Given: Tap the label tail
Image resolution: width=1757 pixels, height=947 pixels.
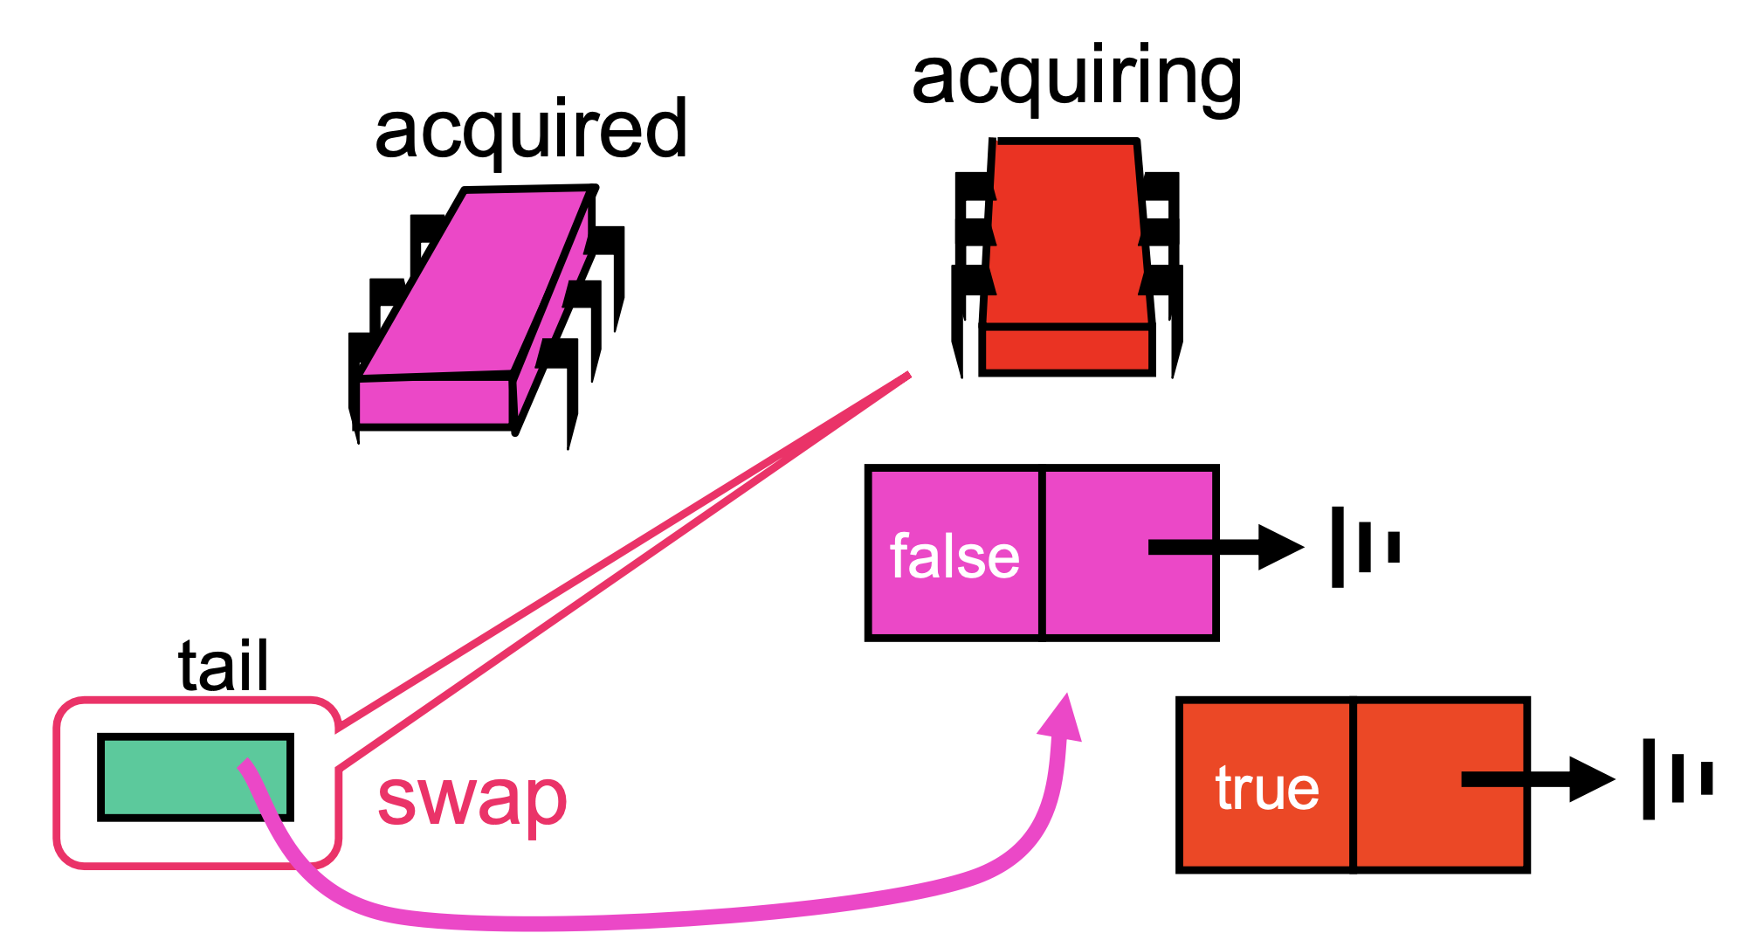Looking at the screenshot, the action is point(224,666).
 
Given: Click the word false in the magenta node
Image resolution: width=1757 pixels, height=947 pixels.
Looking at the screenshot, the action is point(954,556).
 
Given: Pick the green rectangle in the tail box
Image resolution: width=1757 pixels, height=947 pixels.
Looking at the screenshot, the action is point(195,778).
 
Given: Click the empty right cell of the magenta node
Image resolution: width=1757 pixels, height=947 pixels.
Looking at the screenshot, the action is point(1130,553).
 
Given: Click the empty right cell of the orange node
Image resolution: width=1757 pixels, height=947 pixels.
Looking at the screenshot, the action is point(1440,785).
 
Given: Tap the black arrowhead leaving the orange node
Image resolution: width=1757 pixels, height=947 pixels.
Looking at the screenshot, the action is point(1593,778).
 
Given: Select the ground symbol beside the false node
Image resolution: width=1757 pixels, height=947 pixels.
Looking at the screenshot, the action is point(1366,547).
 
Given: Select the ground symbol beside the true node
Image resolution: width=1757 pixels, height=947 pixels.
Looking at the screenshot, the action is point(1678,778).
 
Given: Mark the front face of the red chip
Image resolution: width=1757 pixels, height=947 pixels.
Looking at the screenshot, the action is point(1067,350).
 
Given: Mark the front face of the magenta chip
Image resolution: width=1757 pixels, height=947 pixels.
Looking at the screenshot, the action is point(434,401).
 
